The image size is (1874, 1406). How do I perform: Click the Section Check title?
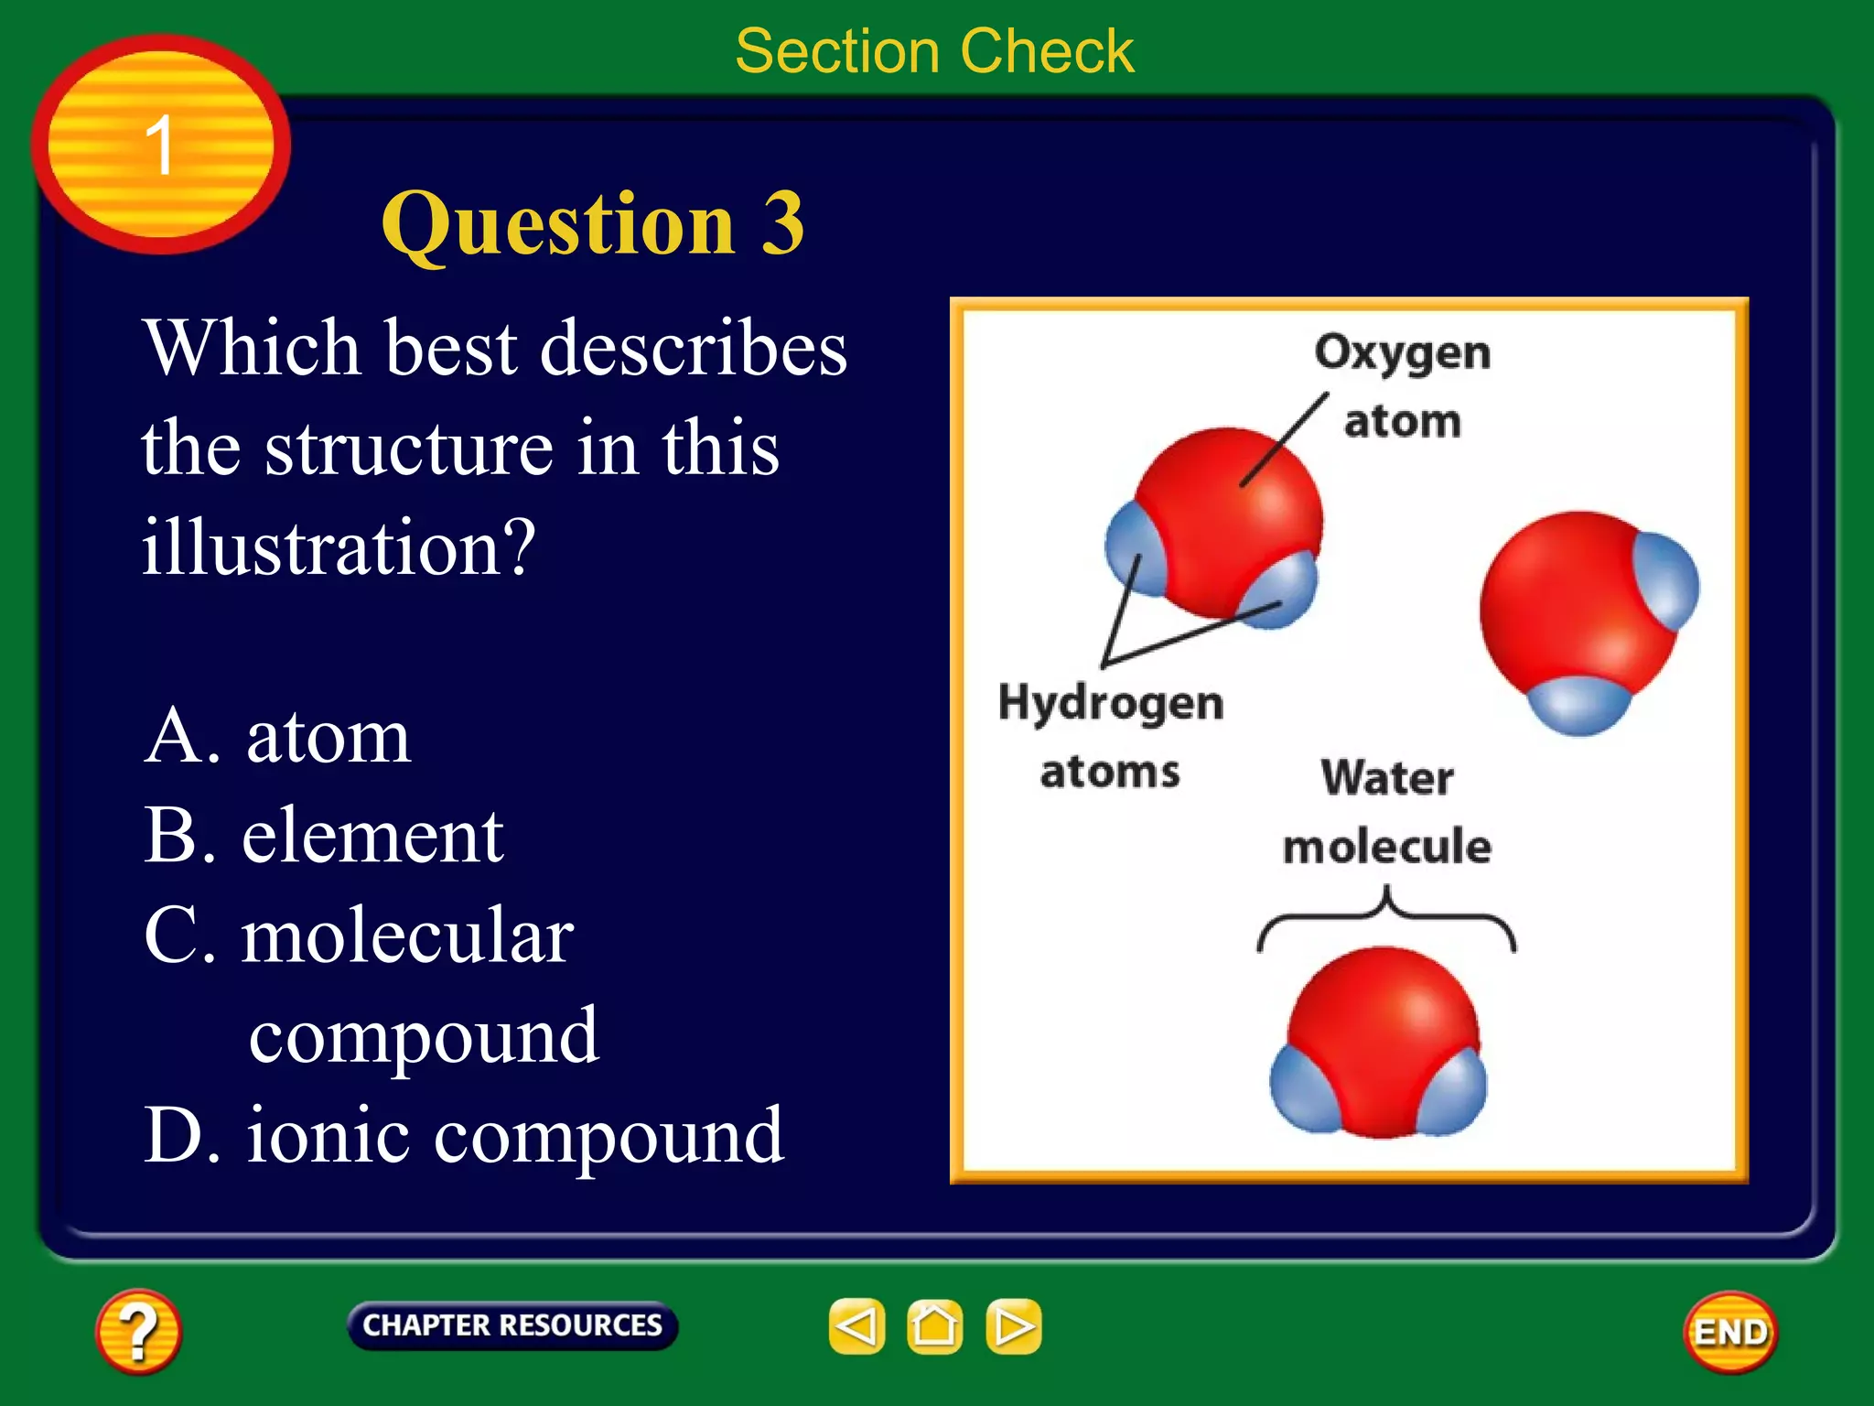(x=934, y=51)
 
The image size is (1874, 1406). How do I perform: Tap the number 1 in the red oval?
(x=160, y=145)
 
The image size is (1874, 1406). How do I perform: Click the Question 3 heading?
(x=592, y=223)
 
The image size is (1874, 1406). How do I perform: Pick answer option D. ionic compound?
(x=464, y=1135)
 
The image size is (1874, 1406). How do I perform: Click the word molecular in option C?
(x=407, y=936)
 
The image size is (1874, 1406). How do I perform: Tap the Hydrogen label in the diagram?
(x=1110, y=703)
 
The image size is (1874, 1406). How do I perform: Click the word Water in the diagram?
(x=1386, y=778)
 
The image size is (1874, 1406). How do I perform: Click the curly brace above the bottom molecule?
(x=1386, y=915)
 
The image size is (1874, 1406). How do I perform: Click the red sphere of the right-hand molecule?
(x=1565, y=604)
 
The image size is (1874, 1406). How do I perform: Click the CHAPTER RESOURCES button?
(x=512, y=1325)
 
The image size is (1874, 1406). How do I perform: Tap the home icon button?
(x=934, y=1326)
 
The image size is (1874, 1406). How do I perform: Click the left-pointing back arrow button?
(x=856, y=1326)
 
